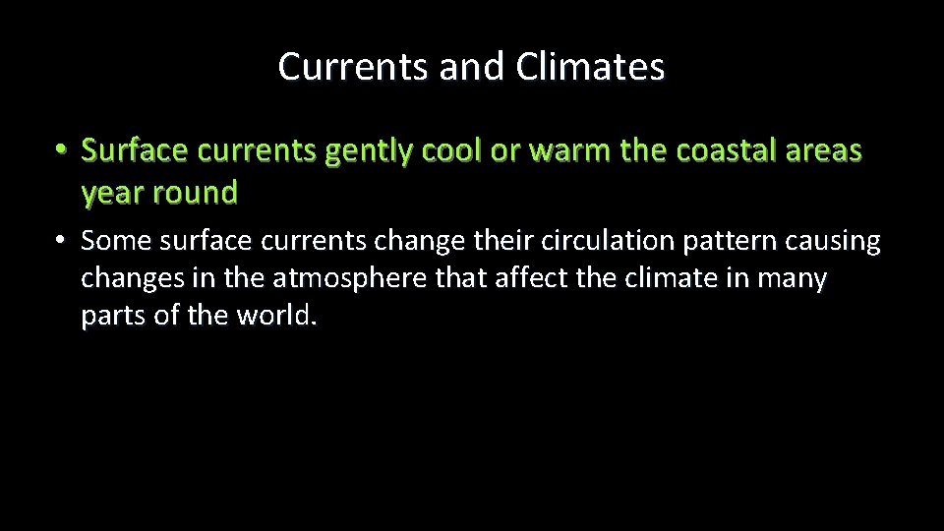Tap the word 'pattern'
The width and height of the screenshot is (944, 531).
[719, 241]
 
